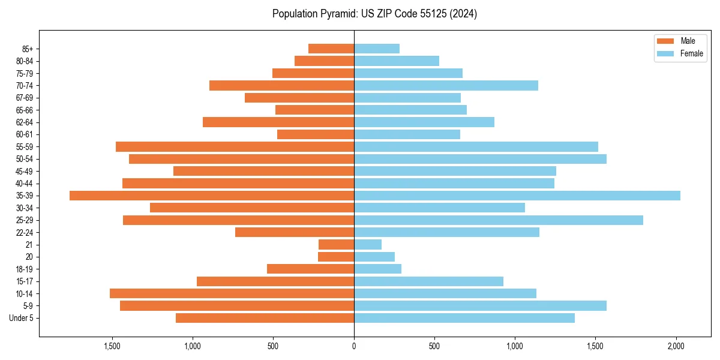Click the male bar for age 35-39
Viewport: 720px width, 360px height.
[212, 196]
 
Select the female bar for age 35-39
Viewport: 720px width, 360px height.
[517, 196]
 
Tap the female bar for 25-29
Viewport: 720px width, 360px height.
[499, 220]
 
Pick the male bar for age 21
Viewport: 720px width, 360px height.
[336, 245]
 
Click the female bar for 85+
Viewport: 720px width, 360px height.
[377, 49]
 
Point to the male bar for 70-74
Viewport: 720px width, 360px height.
[281, 85]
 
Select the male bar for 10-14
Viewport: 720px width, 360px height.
[232, 293]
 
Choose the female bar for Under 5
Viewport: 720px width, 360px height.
[464, 318]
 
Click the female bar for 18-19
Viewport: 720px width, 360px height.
[377, 269]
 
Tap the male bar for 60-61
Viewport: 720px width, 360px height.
[316, 134]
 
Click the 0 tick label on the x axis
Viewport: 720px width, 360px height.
[354, 346]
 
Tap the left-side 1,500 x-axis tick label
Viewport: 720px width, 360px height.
[112, 346]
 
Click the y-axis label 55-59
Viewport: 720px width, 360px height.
[25, 147]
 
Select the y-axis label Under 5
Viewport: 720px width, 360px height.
[22, 318]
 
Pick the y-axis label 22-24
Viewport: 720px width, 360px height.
[25, 233]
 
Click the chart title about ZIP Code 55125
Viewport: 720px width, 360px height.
[374, 14]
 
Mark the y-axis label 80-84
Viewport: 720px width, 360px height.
[25, 61]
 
